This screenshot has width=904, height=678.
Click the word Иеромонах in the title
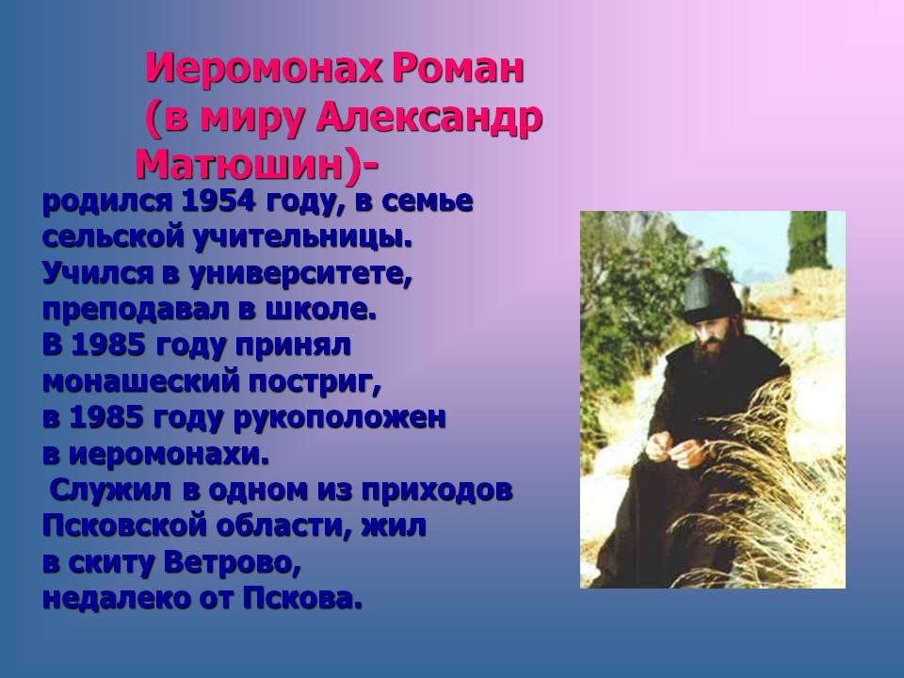tap(265, 68)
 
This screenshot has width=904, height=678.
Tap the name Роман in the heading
tap(459, 68)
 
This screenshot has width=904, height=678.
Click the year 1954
tap(218, 202)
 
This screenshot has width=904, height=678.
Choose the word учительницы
tap(302, 237)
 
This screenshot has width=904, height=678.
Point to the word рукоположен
tap(340, 418)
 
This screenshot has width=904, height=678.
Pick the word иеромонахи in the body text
tap(169, 455)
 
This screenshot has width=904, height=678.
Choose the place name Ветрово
tap(233, 563)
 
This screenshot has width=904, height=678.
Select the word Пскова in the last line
tap(302, 599)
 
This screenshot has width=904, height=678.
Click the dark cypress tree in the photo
tap(809, 241)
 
